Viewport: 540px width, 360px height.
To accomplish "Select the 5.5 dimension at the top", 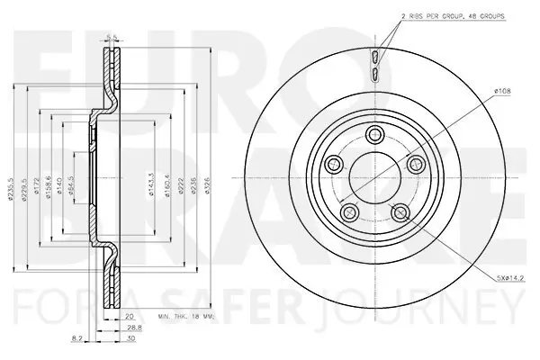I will click(x=112, y=38).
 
